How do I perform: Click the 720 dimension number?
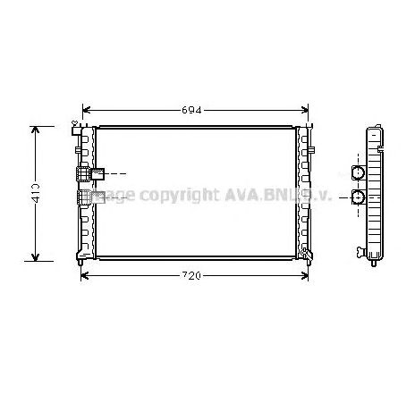[194, 275]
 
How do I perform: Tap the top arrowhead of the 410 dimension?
[37, 130]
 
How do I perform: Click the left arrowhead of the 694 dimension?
[85, 110]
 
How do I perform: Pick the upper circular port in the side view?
[357, 172]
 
